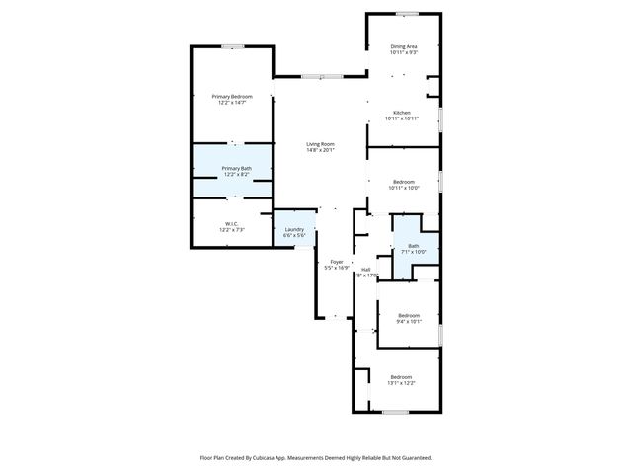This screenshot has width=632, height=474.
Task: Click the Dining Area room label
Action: coord(404,46)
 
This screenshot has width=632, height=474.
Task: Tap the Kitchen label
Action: coord(402,113)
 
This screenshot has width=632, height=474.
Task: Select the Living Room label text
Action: coord(320,144)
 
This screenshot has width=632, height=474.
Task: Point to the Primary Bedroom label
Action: coord(232,96)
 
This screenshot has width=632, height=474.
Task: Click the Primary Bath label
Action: coord(236,169)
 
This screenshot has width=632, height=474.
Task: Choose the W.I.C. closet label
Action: coord(230,223)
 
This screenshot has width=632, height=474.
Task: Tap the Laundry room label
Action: coord(294,229)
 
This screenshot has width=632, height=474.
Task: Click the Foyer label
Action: coord(336,262)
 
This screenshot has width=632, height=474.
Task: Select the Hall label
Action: coord(365,269)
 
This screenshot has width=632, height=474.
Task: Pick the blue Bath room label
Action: coord(413,246)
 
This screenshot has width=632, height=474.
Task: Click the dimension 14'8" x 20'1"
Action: coord(320,150)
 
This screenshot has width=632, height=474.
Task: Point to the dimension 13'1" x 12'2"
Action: coord(401,383)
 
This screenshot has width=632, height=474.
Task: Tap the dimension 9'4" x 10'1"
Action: coord(409,321)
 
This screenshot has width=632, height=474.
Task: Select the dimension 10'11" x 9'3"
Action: coord(404,52)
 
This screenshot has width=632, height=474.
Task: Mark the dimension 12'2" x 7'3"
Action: coord(230,229)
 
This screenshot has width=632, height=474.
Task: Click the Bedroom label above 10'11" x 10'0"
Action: coord(404,181)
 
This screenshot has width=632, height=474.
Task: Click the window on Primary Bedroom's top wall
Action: coord(233,46)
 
